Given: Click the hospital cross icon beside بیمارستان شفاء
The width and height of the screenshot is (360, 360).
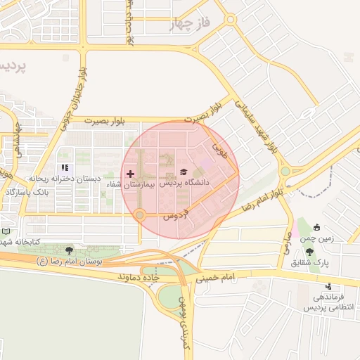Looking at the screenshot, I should pyautogui.click(x=130, y=173).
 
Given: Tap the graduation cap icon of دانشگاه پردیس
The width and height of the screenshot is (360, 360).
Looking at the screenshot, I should pyautogui.click(x=184, y=172).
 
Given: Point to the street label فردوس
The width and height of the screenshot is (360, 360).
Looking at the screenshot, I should pyautogui.click(x=176, y=214).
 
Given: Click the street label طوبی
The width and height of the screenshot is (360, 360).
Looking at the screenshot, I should pyautogui.click(x=220, y=150).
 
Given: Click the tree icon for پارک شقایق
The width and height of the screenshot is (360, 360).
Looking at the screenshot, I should pyautogui.click(x=310, y=251).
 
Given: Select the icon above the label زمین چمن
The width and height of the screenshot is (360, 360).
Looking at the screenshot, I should pyautogui.click(x=316, y=227).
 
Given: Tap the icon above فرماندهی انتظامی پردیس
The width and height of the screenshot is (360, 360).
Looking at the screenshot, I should pyautogui.click(x=329, y=286).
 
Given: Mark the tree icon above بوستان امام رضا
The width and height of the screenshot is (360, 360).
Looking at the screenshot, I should pyautogui.click(x=69, y=250).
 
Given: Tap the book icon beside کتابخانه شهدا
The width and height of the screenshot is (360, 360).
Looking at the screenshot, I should pyautogui.click(x=6, y=231).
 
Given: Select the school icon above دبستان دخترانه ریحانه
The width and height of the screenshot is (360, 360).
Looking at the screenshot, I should pyautogui.click(x=65, y=168).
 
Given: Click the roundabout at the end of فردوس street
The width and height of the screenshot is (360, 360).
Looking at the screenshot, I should pyautogui.click(x=141, y=214).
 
